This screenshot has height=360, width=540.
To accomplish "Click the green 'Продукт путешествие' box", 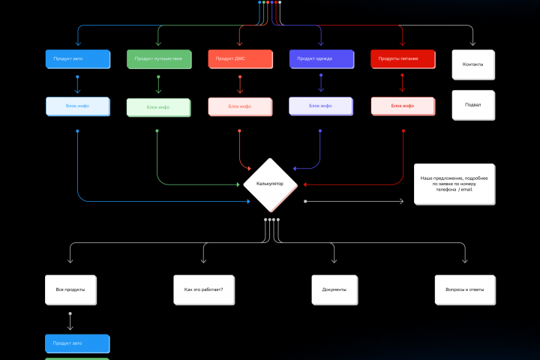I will coord(158,59).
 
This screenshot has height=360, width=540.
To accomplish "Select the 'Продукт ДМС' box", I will coord(239,59).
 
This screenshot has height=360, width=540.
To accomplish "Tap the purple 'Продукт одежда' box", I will coord(320,59).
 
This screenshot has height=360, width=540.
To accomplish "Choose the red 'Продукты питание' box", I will coord(403,59).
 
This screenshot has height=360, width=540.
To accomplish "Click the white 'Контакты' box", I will coord(473,64).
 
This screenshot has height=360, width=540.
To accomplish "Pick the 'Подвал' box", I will coord(473,105).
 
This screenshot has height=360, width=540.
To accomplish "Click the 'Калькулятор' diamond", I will coord(270,184).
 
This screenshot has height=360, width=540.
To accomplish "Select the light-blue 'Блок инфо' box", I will coord(77,106).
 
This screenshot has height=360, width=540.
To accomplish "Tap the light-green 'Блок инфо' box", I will coord(158,107).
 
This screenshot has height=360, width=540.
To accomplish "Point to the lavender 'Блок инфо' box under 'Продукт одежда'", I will coord(320,106).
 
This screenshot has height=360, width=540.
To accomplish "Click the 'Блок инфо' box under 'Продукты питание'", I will coord(403,106).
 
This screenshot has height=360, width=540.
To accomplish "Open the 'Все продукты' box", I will coord(70,289).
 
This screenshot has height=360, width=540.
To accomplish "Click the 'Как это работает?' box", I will coord(204,289).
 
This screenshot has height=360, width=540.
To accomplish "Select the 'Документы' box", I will coord(334,289).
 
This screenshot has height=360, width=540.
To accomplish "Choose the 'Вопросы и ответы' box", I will coord(465,289).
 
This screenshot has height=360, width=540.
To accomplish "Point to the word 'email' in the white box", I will coord(466,190).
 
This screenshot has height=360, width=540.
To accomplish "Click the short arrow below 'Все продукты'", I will coord(70,322).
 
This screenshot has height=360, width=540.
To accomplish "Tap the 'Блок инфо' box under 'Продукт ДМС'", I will coord(239,106).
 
